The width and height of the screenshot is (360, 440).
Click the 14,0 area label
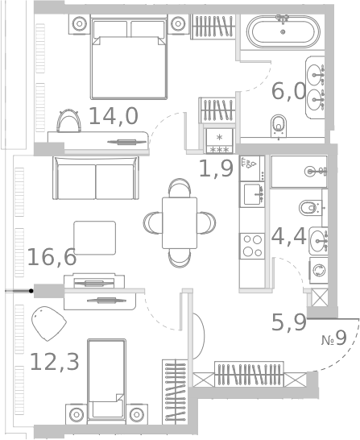114,116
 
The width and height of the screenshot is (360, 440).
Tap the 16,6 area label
52,257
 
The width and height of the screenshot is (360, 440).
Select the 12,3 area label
55,362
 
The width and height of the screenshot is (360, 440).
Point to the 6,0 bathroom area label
289,91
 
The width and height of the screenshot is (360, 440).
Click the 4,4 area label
289,236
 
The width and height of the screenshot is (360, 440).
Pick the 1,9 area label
216,168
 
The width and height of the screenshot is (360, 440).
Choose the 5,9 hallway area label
289,322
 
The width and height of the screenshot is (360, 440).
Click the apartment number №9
334,338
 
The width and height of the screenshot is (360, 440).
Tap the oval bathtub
283,31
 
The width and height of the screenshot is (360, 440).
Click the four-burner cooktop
252,246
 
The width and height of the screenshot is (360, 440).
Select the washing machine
319,271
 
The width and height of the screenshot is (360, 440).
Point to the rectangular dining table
180,222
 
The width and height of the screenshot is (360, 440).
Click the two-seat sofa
96,178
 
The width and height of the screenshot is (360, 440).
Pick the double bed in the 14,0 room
129,57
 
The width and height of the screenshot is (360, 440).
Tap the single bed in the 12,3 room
106,381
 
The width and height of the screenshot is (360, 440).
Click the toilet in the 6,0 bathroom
279,126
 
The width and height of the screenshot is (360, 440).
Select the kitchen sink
252,194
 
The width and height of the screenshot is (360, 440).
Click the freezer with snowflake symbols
220,141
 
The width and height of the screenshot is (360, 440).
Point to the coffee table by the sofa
95,238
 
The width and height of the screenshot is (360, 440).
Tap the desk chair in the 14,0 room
68,121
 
